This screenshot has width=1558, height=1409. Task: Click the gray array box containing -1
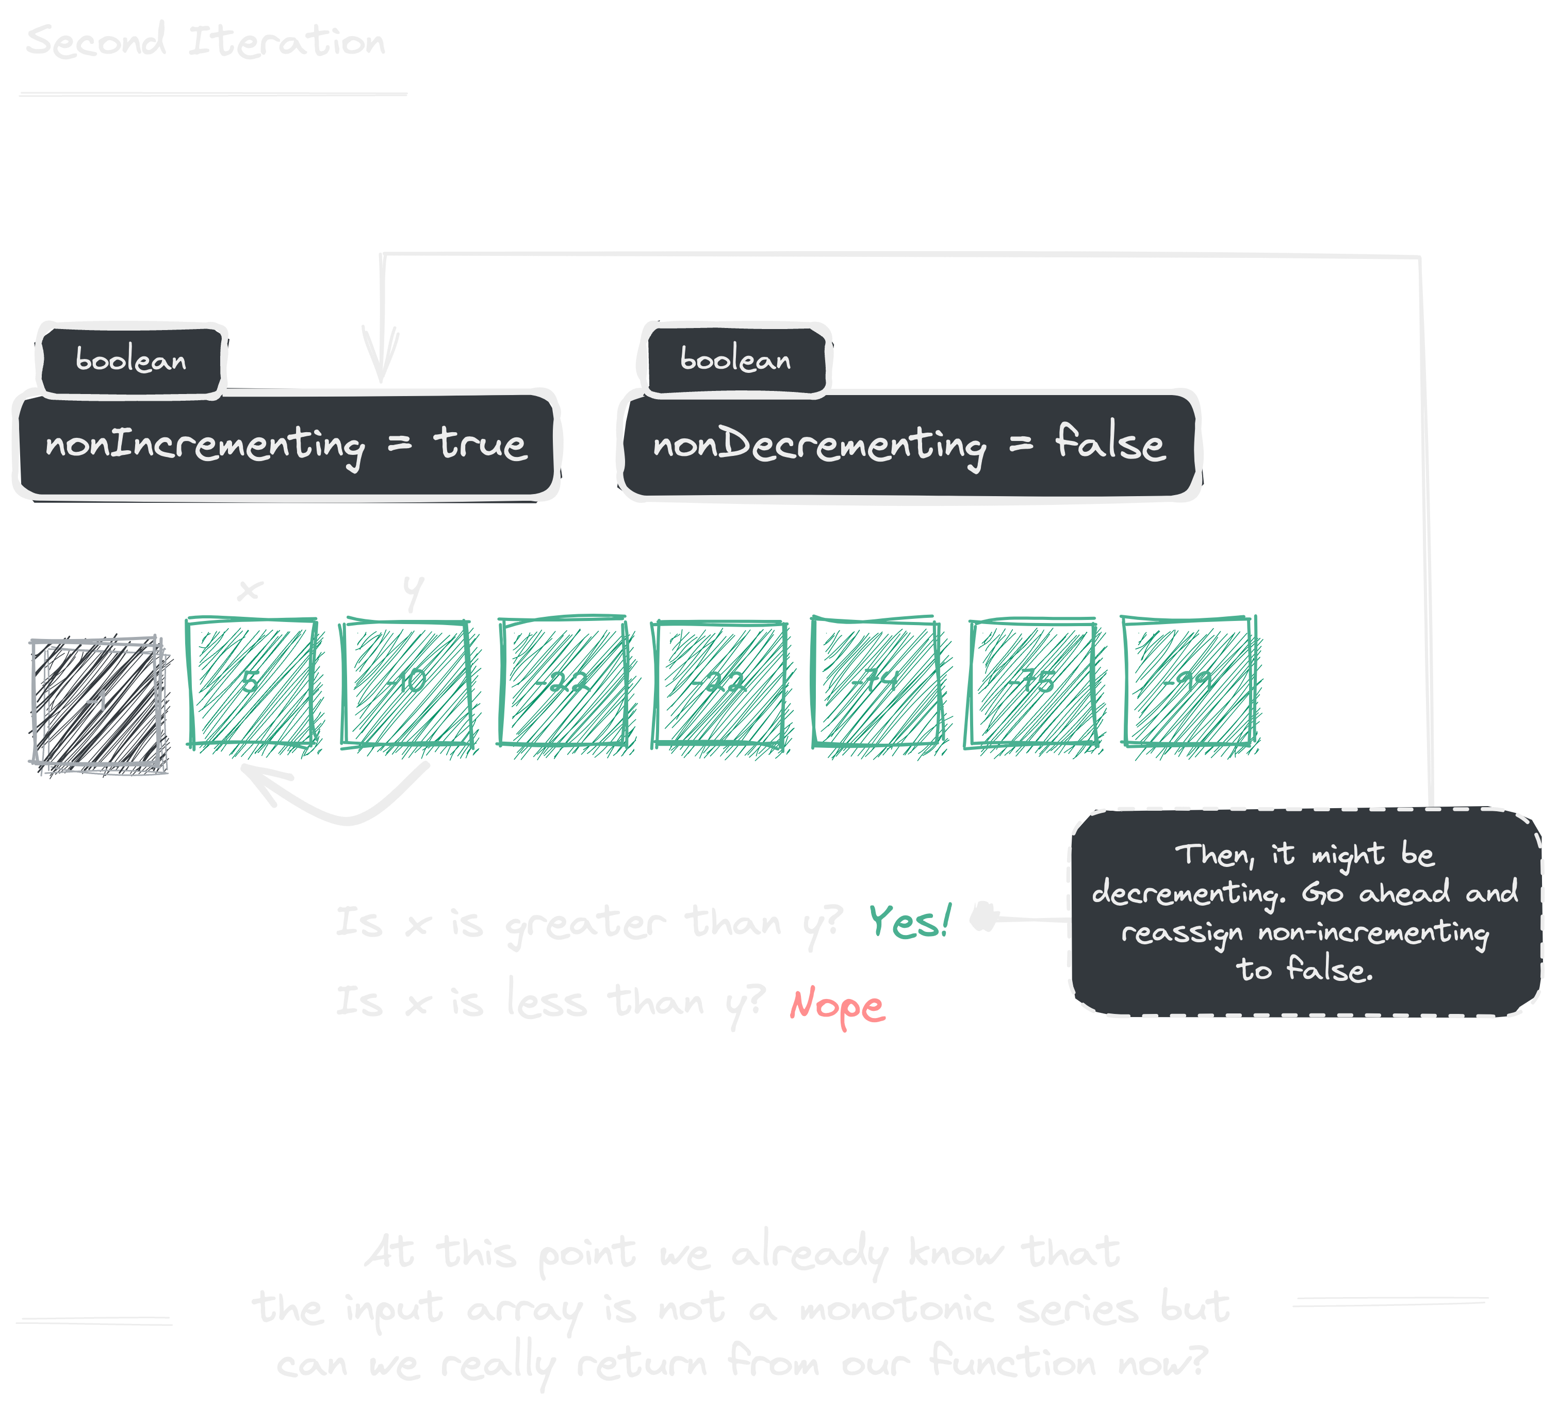[98, 703]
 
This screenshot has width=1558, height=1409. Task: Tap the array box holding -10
[406, 682]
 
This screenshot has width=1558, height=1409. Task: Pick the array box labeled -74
[876, 682]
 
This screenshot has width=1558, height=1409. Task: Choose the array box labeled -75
[1032, 682]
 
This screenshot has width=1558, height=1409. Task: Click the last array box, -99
[1189, 682]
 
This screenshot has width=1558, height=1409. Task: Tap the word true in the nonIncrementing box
[480, 444]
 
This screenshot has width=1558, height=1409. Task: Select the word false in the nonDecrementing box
[1110, 444]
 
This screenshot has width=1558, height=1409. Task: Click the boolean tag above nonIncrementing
[132, 360]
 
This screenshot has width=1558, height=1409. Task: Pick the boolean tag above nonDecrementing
[735, 360]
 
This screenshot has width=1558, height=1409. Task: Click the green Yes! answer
[909, 921]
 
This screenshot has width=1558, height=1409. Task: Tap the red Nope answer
[837, 1005]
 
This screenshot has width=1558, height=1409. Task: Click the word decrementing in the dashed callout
[1187, 893]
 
